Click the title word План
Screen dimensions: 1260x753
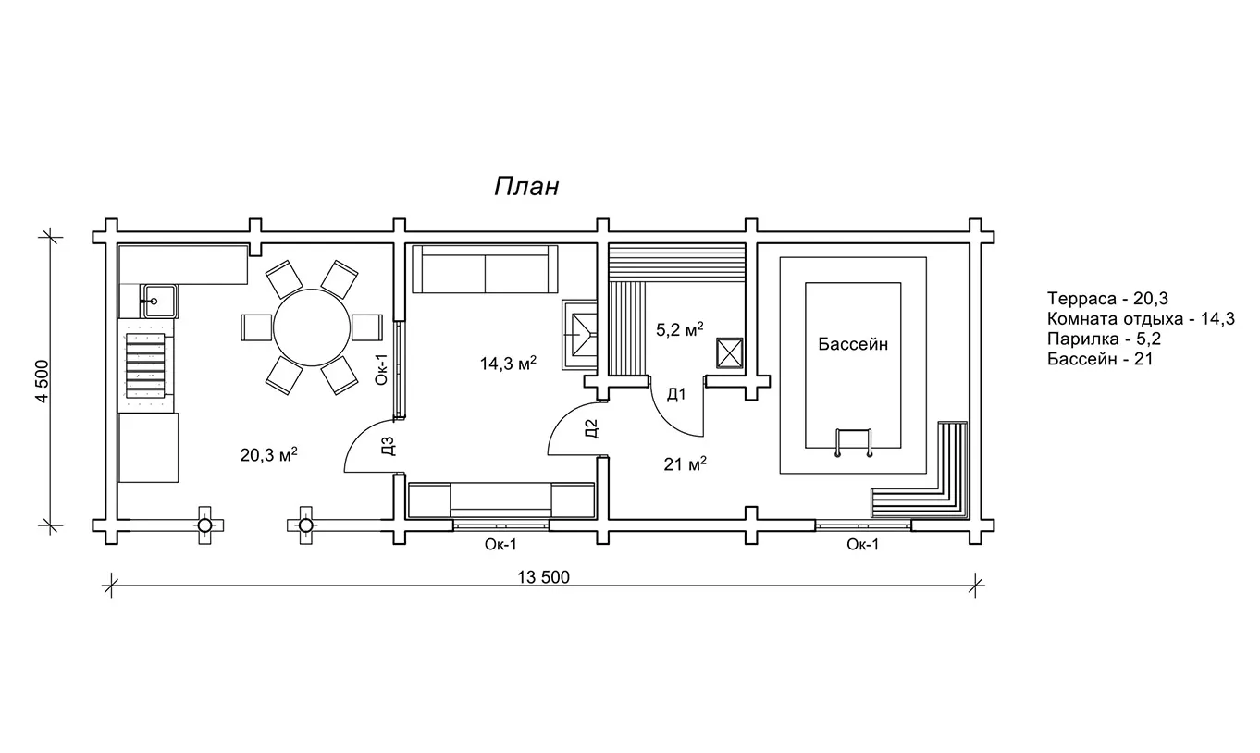527,186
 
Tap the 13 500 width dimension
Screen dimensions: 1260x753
543,577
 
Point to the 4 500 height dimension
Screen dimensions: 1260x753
43,381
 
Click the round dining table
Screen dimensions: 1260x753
311,327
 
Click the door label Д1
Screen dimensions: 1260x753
676,394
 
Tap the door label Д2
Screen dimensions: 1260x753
591,428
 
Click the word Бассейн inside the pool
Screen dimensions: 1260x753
853,344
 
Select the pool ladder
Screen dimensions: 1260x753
853,442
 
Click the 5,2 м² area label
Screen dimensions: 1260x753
680,329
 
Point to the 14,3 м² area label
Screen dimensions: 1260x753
508,364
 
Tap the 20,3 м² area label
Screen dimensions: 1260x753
269,454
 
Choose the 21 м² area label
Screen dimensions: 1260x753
686,464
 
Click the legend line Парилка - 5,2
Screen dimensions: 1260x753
1104,339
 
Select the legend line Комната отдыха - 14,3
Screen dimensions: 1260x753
1141,319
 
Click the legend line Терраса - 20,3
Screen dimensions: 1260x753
1107,298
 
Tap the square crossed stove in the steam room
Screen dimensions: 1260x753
730,353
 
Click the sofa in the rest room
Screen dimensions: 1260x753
485,269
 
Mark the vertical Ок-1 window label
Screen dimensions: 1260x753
381,369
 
